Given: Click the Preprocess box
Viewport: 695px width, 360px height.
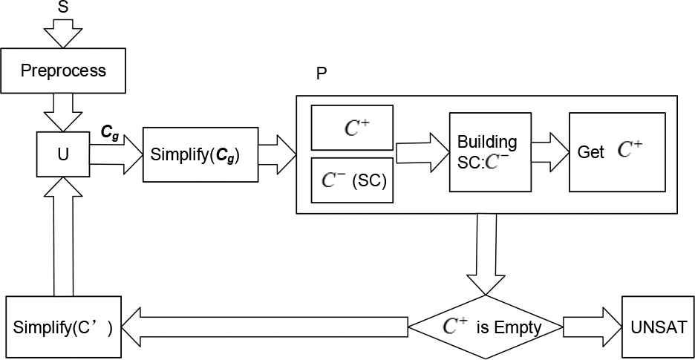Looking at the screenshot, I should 63,72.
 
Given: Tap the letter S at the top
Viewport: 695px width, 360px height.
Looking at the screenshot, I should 63,7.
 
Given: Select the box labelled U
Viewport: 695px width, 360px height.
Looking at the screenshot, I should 63,155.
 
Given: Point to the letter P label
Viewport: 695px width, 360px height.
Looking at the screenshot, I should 322,74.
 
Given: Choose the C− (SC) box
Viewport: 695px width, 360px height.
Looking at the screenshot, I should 353,180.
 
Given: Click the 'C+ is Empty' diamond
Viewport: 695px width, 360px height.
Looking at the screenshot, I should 486,327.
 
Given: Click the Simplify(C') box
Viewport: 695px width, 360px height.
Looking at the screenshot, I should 63,327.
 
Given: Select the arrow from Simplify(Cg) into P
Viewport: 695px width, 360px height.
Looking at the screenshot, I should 276,154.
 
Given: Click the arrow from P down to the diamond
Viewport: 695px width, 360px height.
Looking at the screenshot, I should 486,252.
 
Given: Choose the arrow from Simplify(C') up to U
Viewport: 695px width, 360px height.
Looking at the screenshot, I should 63,238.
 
